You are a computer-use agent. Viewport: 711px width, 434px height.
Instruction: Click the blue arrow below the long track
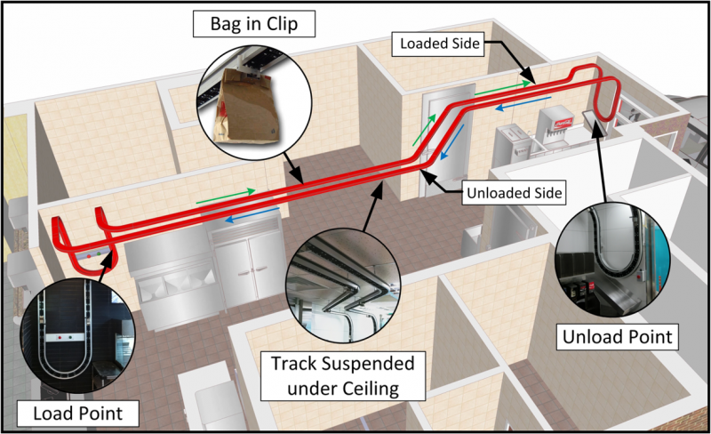click(x=252, y=214)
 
